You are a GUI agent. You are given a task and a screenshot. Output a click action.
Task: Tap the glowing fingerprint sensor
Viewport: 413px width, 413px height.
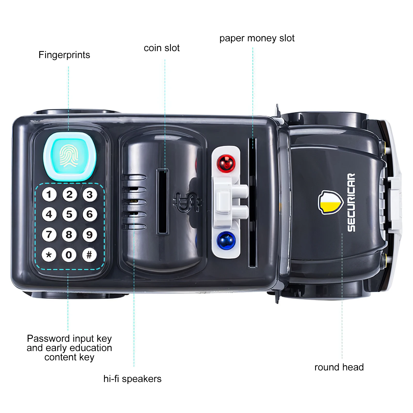[x=69, y=156]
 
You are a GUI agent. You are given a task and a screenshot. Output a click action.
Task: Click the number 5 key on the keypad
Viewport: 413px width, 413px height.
[x=69, y=214]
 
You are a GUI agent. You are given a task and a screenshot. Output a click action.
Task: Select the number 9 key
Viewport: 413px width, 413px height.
[x=89, y=234]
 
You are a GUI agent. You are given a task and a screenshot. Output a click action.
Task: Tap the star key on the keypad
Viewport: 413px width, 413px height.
[x=49, y=255]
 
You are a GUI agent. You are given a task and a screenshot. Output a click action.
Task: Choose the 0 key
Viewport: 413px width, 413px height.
[x=69, y=255]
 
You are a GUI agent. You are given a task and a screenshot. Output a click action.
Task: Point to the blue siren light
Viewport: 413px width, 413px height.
[x=226, y=241]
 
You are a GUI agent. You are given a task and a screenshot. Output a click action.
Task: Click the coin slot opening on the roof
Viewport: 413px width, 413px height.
[x=163, y=201]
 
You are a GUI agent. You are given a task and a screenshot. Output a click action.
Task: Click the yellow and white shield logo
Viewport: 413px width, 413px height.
[x=330, y=203]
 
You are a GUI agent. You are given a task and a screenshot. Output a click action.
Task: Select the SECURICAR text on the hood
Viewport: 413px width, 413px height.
[x=351, y=203]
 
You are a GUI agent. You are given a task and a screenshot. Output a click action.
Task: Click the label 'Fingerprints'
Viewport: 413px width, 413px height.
[x=64, y=55]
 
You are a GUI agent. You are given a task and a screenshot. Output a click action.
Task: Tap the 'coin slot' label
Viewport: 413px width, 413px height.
[x=162, y=48]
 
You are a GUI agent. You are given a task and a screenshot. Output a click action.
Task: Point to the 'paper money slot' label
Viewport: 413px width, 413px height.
[x=257, y=38]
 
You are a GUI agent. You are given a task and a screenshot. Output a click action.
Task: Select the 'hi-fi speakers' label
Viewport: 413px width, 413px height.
[x=132, y=379]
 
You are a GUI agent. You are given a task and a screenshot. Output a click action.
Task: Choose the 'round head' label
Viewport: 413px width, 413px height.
[x=339, y=367]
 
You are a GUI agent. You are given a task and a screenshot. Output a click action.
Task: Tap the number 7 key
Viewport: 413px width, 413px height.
[x=49, y=234]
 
